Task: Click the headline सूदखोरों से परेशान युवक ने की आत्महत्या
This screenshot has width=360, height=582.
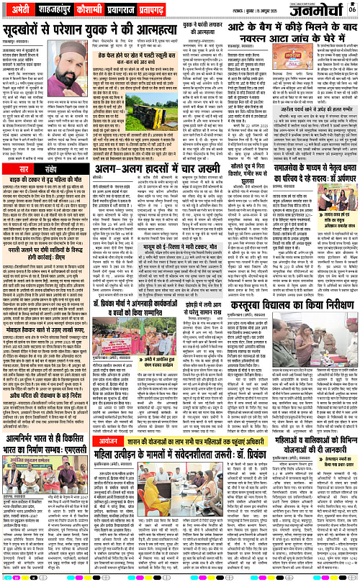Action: coord(90,32)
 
